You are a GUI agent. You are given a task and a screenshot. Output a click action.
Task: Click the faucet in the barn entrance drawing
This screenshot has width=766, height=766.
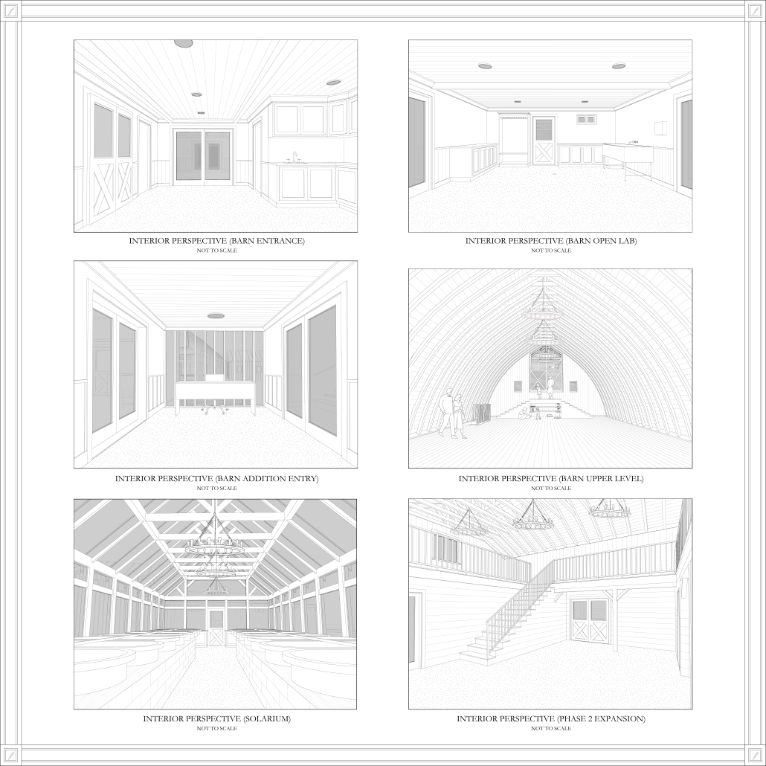pos(295,157)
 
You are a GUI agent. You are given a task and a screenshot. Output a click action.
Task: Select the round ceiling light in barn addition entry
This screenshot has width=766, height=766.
pos(216,316)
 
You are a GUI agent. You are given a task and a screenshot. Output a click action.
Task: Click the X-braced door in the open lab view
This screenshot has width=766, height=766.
pos(544,141)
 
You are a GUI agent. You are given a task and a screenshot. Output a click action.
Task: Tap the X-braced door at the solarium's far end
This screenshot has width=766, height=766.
pos(216,628)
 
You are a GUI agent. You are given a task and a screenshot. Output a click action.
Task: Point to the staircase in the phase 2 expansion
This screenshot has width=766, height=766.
pos(508,616)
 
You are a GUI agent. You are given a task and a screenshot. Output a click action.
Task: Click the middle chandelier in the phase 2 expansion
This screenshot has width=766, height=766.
pos(532,518)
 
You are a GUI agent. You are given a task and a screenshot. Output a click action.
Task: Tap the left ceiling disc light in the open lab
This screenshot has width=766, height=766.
pos(485,66)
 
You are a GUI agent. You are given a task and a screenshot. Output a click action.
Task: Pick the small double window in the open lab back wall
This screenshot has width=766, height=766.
pos(586,119)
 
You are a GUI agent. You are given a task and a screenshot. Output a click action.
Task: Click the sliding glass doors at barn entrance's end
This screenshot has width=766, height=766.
pos(204,155)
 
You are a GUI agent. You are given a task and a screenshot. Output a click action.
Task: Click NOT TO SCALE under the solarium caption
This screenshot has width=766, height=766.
pos(216,728)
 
